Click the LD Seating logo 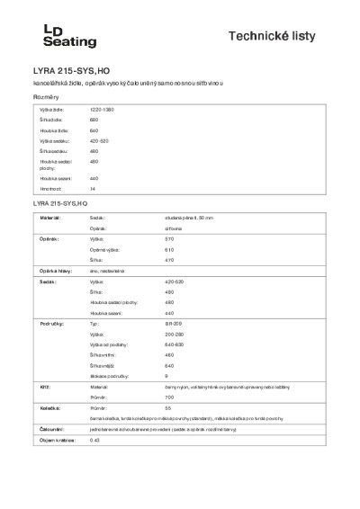tap(51, 36)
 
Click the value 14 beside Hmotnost tap(93, 189)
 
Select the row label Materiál tap(49, 218)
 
